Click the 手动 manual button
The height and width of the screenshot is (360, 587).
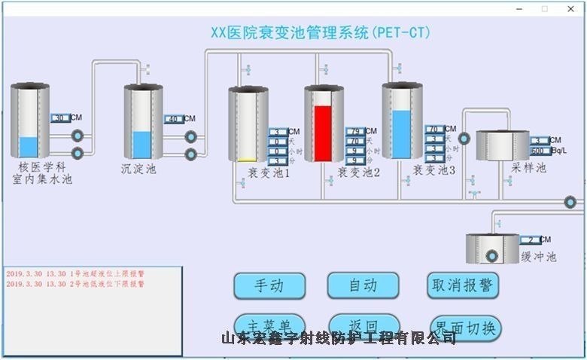[269, 286]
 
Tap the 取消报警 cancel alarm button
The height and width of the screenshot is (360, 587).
[462, 285]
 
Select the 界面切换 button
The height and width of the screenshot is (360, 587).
[464, 328]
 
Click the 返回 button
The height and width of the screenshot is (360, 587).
[363, 324]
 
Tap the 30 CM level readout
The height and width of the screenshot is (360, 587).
[61, 118]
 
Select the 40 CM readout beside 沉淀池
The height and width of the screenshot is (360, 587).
[173, 119]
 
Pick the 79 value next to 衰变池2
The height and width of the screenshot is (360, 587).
[354, 132]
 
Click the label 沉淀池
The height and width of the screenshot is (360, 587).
[138, 169]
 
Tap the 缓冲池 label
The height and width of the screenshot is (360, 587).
[538, 257]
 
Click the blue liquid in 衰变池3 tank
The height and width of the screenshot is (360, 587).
[402, 134]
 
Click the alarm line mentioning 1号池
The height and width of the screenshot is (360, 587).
[75, 274]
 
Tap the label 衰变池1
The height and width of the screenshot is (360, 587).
[269, 172]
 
